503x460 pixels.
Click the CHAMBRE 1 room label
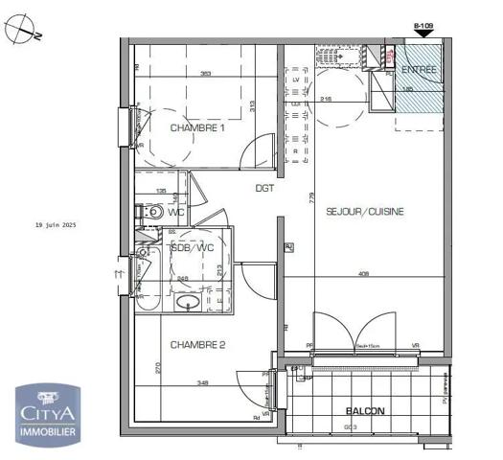coord(196,127)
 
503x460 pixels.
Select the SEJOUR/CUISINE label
coord(364,211)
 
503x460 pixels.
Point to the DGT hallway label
coord(264,188)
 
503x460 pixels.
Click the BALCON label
coord(365,411)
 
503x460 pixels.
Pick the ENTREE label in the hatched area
coord(419,70)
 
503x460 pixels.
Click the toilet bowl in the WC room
coord(152,212)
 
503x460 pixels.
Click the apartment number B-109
coord(422,27)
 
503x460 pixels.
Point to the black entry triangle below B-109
coord(422,36)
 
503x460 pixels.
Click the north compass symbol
coord(20,31)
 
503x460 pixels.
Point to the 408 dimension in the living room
coord(363,273)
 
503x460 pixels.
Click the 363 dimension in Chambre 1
coord(205,73)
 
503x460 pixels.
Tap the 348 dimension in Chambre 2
coord(203,383)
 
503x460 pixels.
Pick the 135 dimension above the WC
coord(161,192)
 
